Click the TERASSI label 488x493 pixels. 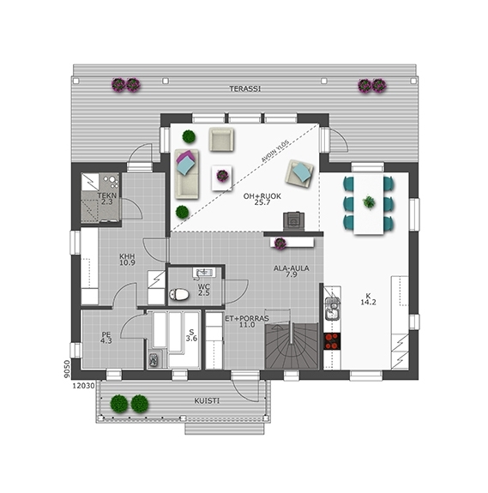coord(245,89)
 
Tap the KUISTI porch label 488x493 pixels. coord(207,401)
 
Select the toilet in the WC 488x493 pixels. coord(179,295)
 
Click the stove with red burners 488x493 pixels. coord(332,341)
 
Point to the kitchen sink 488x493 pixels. coord(332,308)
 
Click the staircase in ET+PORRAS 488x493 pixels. coord(292,346)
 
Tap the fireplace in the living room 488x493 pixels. coord(293,222)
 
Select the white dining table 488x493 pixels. coord(369,204)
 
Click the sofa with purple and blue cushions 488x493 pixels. coord(187,174)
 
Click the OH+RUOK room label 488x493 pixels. coord(262,199)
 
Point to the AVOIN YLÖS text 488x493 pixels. coord(275,151)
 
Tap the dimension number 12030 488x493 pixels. coord(84,386)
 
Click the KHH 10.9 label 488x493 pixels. coord(127,260)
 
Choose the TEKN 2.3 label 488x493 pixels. coord(107,198)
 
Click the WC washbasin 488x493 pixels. coord(203,273)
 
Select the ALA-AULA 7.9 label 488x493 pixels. coord(291,271)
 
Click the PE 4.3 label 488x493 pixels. coord(106,338)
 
